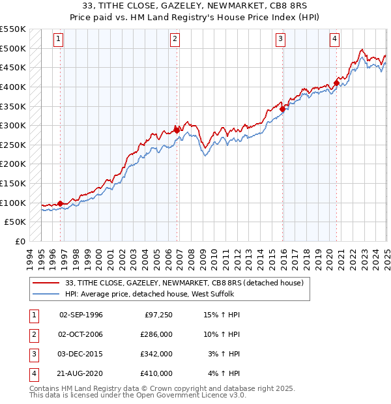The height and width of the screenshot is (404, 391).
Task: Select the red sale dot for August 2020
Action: pos(336,83)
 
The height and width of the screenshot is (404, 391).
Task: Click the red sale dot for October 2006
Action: pos(177,130)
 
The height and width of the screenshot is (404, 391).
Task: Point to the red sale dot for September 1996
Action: pos(60,203)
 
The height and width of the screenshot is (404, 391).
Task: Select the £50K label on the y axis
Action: pos(16,222)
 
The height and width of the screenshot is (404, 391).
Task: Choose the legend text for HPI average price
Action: pos(143,294)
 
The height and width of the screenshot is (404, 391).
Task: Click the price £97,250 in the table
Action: pos(156,315)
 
